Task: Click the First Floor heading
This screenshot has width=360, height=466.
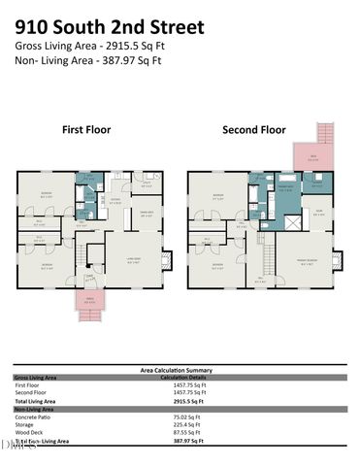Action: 86,129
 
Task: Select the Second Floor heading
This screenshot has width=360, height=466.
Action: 254,129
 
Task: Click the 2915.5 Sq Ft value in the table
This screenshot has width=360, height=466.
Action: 176,400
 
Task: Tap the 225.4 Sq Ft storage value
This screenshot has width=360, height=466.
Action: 173,424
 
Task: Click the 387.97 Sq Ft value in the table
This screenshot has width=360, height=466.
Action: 176,441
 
